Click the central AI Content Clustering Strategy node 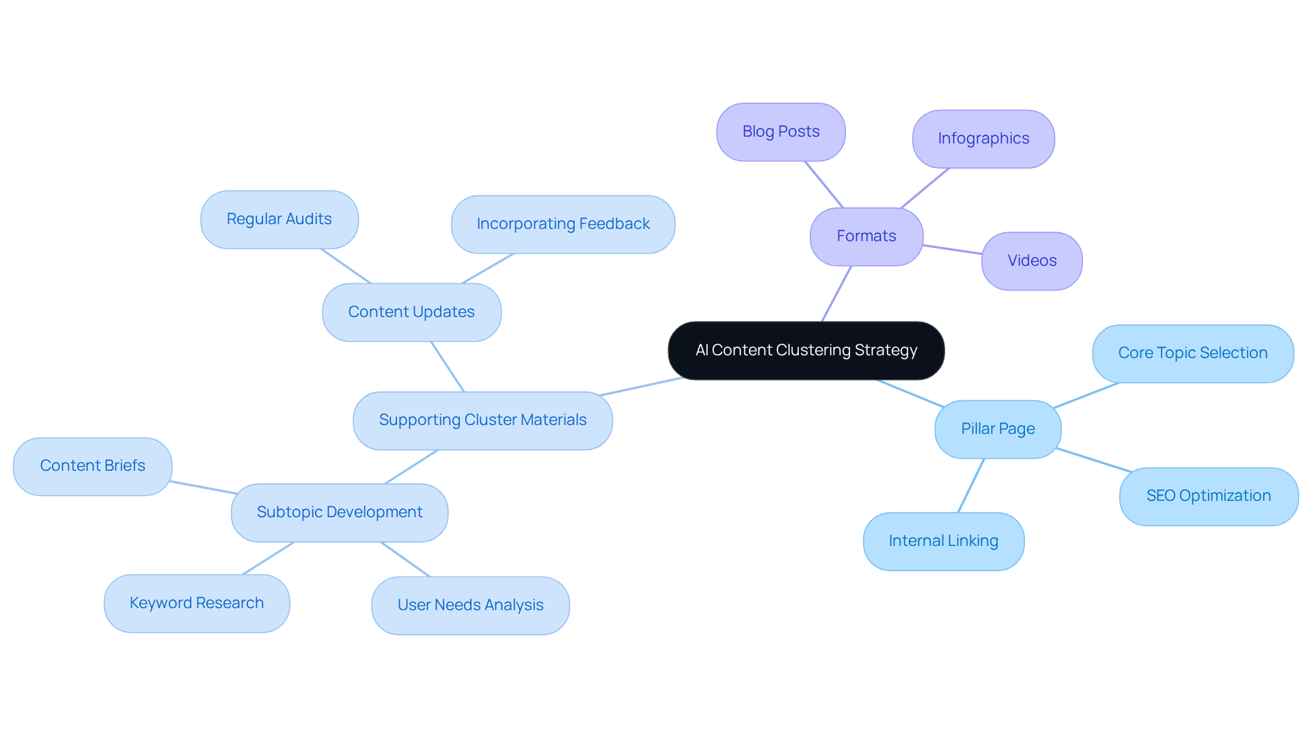pos(806,351)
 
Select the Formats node pos(866,236)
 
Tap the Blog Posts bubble pos(780,132)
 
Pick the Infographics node pos(983,139)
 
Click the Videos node pos(1031,261)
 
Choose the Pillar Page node pos(997,429)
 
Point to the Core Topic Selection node pos(1192,353)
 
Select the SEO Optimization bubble pos(1208,496)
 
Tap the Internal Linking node pos(943,541)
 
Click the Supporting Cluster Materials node pos(482,420)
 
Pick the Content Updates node pos(411,312)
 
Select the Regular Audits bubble pos(279,219)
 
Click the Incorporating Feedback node pos(562,224)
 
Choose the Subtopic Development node pos(339,512)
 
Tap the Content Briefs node pos(92,466)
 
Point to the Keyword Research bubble pos(196,603)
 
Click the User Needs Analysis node pos(470,605)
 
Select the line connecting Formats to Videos pos(953,249)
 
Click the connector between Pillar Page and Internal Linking pos(971,485)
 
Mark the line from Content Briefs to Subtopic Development pos(203,487)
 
